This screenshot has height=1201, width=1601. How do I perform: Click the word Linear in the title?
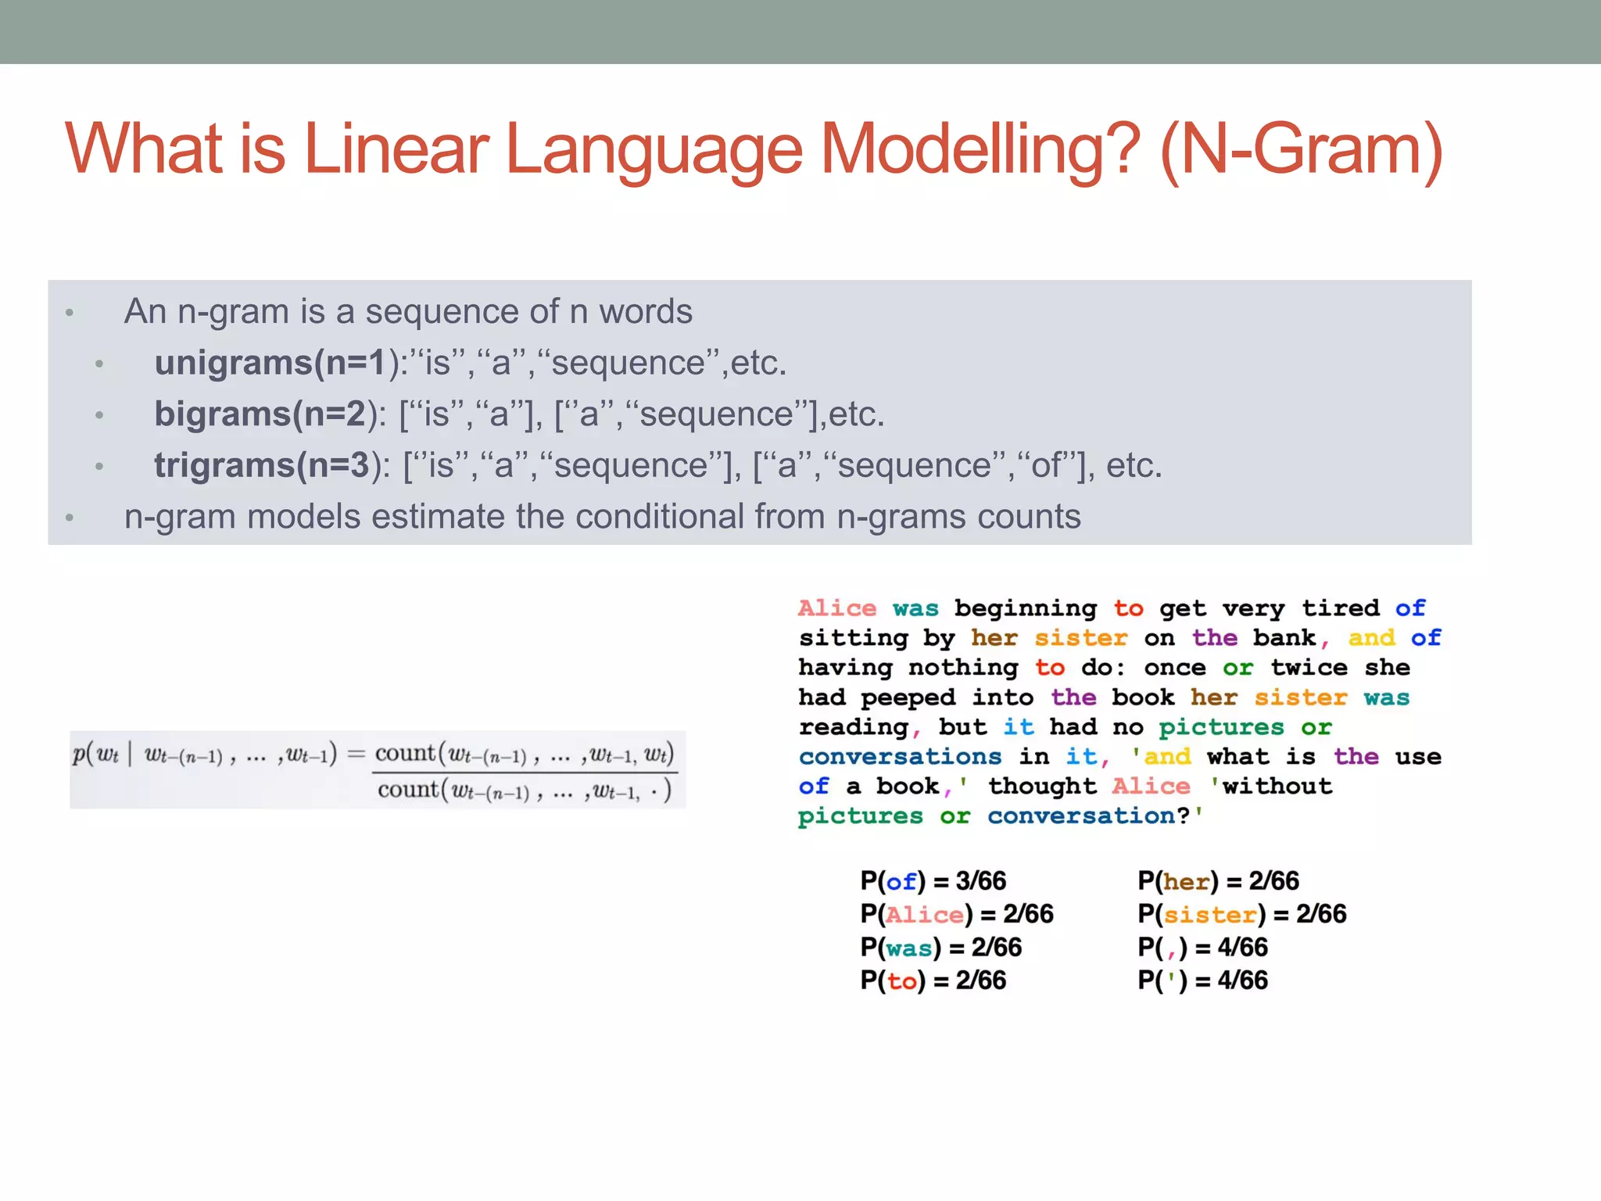click(x=396, y=149)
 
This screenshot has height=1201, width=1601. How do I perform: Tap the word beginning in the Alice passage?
click(x=1025, y=608)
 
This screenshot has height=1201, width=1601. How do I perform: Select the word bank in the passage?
click(x=1284, y=638)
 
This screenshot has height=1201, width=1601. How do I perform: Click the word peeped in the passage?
click(x=908, y=697)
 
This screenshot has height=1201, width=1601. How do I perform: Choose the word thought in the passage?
click(x=1042, y=786)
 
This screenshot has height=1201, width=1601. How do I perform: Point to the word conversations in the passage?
click(x=900, y=757)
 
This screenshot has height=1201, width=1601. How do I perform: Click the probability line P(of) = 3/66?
click(x=933, y=881)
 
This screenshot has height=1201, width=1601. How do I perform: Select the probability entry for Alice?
click(x=956, y=914)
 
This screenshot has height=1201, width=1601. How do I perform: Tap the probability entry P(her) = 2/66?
click(x=1218, y=881)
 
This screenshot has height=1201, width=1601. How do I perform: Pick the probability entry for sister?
click(x=1241, y=914)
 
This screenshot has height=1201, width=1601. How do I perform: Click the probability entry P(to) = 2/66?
click(x=933, y=981)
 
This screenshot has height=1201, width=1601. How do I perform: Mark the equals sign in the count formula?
click(x=356, y=755)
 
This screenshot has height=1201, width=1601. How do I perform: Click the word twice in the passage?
click(x=1309, y=668)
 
